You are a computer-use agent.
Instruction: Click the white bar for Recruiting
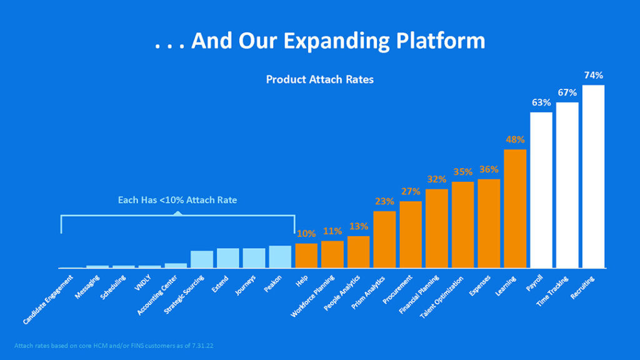point(593,177)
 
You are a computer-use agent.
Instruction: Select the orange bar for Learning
point(515,209)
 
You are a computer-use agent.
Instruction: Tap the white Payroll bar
point(541,190)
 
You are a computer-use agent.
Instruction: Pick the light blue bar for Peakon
point(280,257)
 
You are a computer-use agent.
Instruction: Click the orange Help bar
point(306,256)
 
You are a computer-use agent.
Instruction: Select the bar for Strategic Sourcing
point(202,259)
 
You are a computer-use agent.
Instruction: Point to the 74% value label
point(593,76)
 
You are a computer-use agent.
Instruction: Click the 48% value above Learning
point(515,139)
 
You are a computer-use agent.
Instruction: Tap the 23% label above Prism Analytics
point(384,201)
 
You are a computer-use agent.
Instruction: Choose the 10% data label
point(306,234)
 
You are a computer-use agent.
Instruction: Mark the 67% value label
point(567,92)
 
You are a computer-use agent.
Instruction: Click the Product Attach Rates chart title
point(319,80)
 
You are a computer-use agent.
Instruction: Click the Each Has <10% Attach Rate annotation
point(177,201)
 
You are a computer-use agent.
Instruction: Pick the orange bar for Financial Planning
point(437,228)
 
